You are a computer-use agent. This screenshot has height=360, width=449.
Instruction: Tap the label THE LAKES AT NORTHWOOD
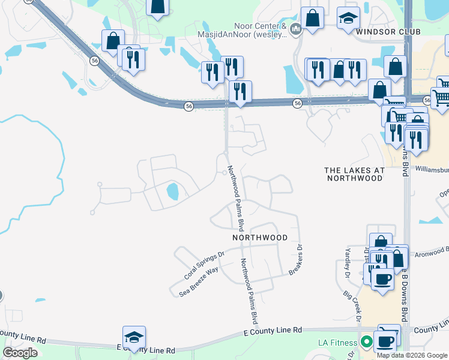point(354,174)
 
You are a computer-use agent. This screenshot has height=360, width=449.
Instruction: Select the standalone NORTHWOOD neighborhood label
point(260,238)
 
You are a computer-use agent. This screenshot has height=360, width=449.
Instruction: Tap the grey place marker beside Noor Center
point(295,29)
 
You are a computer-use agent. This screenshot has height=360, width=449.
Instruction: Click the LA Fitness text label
point(337,343)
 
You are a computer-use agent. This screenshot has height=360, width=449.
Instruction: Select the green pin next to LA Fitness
point(366,343)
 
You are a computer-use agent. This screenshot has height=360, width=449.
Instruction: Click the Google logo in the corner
point(20,352)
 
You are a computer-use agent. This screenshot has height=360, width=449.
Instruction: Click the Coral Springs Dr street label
point(204,265)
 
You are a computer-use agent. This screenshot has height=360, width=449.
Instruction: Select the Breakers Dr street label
point(295,260)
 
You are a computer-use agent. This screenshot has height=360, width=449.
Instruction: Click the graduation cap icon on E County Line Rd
point(134,337)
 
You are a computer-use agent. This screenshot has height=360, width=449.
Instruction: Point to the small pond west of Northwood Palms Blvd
point(172,192)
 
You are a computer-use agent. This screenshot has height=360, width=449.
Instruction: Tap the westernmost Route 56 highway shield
point(94,61)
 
